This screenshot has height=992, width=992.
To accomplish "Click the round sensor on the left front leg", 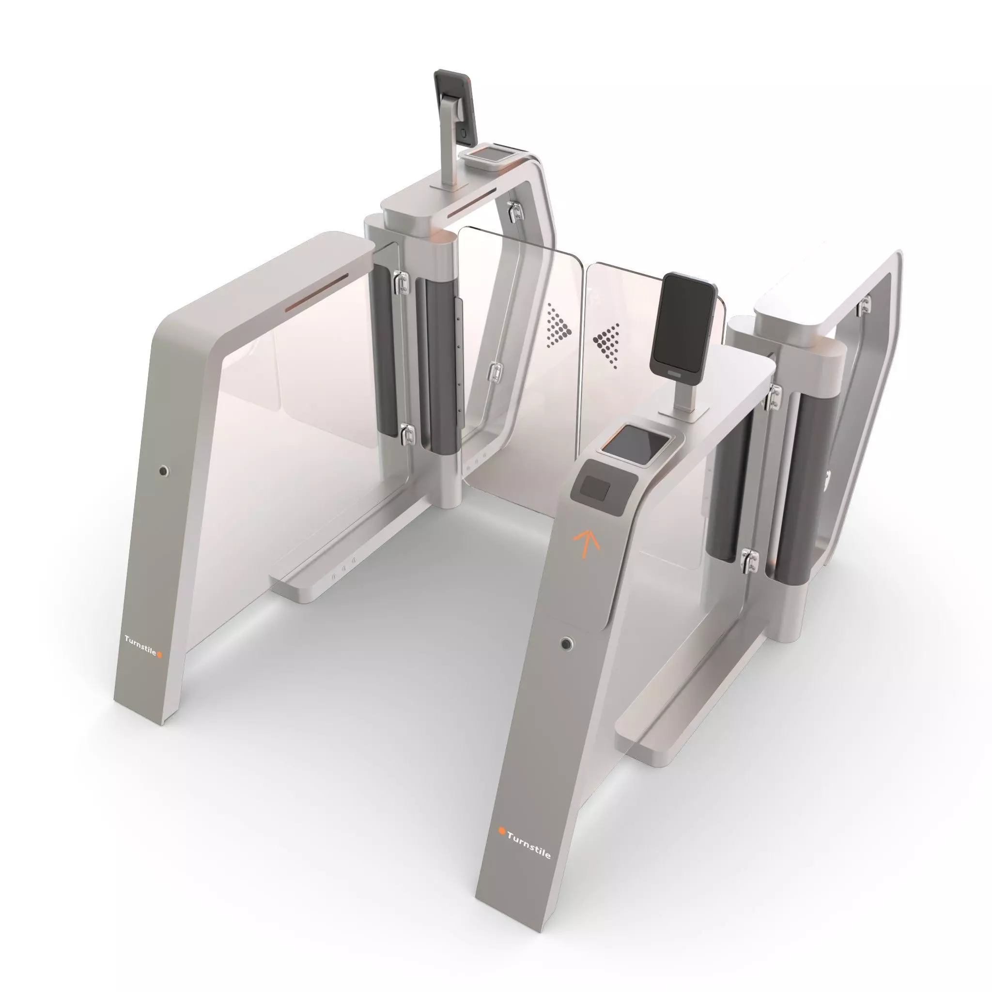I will [x=163, y=470].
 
